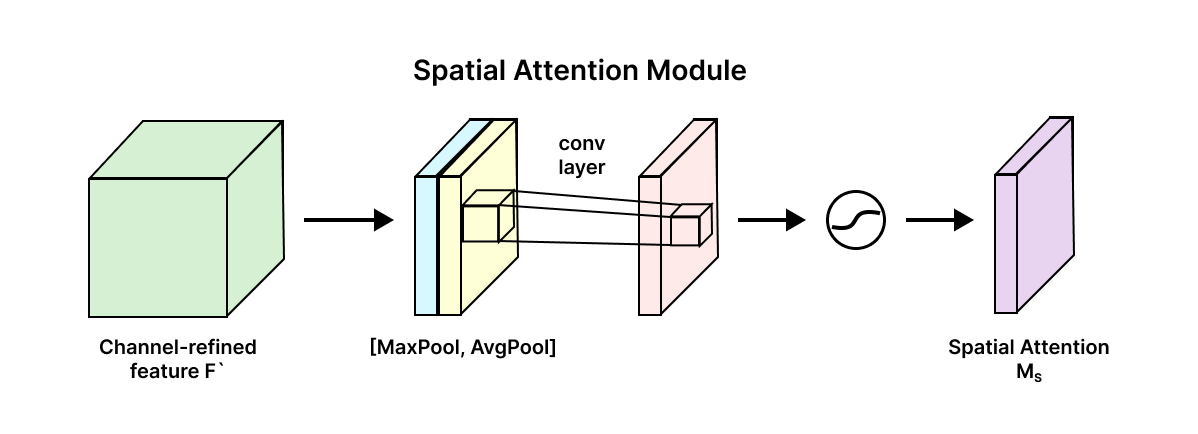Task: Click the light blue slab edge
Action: coord(426,245)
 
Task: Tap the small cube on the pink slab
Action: coord(689,227)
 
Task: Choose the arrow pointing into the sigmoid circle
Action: coord(771,220)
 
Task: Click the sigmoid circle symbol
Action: coord(857,220)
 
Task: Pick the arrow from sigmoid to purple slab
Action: coord(939,220)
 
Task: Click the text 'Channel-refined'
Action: coord(178,348)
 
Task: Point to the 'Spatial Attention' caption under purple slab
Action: coord(1028,348)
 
